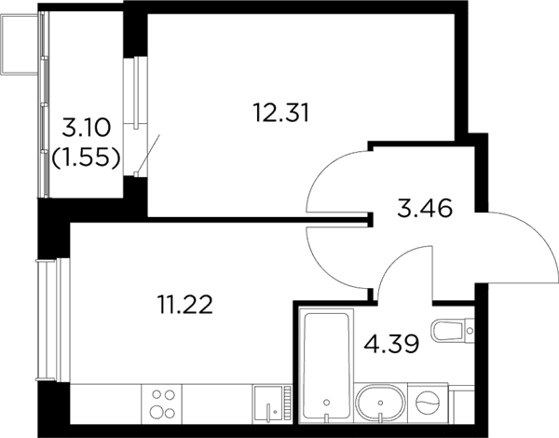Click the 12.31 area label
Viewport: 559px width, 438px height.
[x=281, y=113]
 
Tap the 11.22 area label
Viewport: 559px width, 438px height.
[x=185, y=305]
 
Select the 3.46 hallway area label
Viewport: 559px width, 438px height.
[x=425, y=208]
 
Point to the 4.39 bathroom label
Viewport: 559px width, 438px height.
[x=391, y=344]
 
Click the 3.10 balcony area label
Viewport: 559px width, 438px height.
[x=86, y=128]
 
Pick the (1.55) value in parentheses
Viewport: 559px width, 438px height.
[x=86, y=157]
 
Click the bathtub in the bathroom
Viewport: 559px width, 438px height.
[x=326, y=365]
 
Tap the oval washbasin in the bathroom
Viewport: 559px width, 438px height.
[x=381, y=403]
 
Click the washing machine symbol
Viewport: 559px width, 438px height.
[x=428, y=403]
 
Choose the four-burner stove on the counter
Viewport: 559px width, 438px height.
[x=162, y=404]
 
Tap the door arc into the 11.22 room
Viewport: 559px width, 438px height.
[x=322, y=268]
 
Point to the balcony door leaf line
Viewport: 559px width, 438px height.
[x=148, y=154]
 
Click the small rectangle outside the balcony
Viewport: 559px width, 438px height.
[x=20, y=44]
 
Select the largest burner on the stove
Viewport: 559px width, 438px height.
[x=157, y=413]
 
